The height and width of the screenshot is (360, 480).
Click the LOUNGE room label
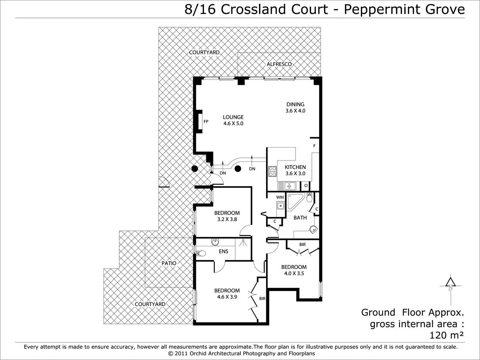pos(233,117)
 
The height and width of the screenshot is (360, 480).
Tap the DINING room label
pos(295,105)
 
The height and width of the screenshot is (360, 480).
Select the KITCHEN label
pos(295,167)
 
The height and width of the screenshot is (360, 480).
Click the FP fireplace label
pos(206,122)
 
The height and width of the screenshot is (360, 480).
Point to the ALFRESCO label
pos(279,64)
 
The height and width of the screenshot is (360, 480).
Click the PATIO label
pos(169,263)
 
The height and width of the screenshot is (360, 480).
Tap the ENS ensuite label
pos(224,251)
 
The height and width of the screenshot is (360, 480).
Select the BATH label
pos(300,218)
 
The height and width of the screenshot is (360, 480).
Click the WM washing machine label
pos(280,197)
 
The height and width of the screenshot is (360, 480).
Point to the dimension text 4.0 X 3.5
pos(294,273)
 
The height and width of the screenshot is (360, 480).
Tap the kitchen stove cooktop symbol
pos(273,171)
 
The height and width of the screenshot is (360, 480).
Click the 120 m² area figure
pos(447,335)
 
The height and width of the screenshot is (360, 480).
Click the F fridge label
pos(314,146)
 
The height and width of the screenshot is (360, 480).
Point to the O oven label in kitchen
pos(306,185)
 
